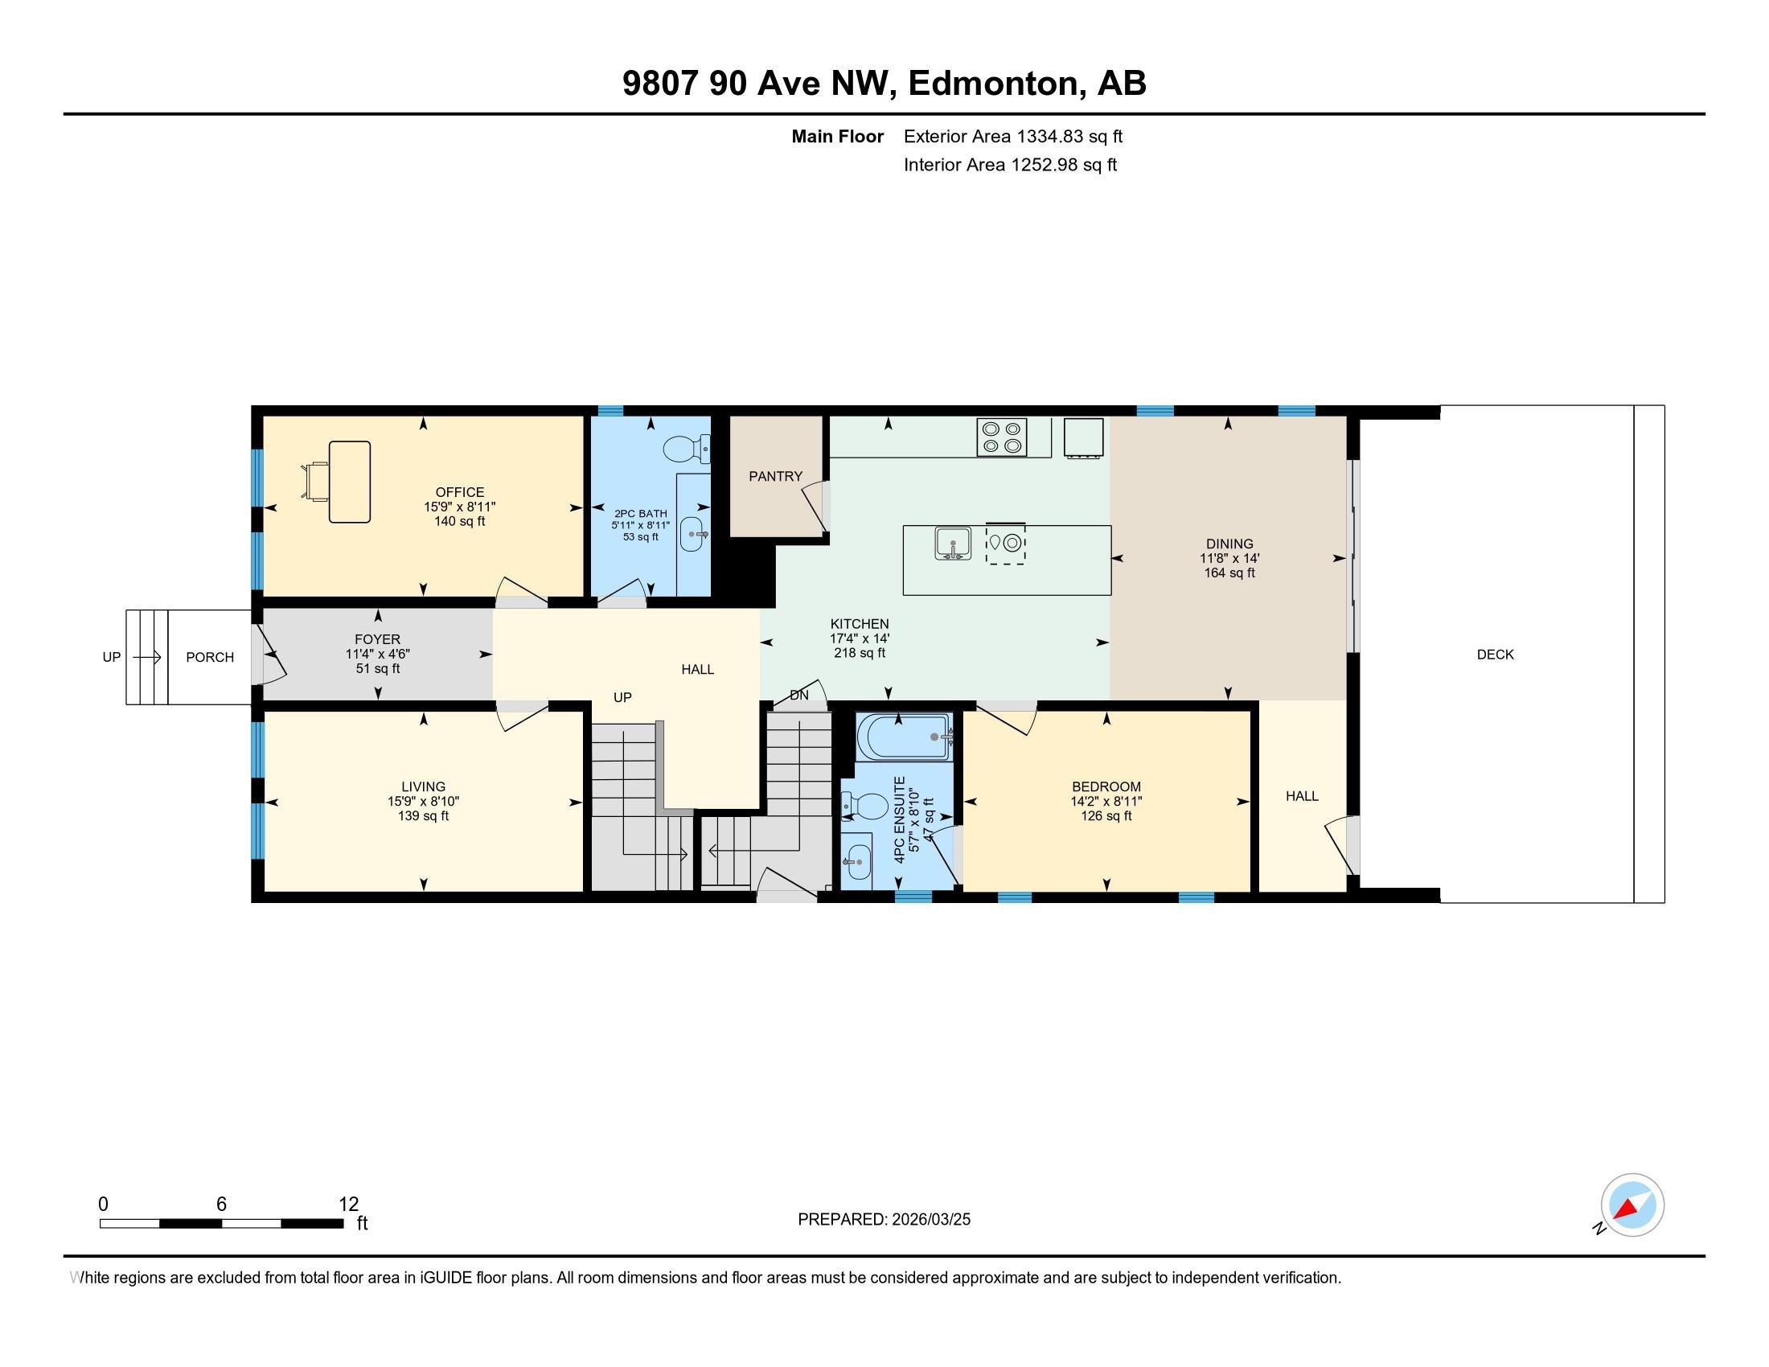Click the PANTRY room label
pos(775,476)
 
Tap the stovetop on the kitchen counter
pos(1002,437)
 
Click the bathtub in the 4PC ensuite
pos(906,737)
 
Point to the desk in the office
pos(350,482)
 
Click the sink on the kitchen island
pos(954,543)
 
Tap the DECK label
pos(1496,655)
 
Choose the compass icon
pos(1632,1205)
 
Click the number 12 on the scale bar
pos(348,1205)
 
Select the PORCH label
pos(210,657)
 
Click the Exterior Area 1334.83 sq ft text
pos(1013,136)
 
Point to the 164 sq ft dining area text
pos(1229,573)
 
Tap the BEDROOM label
pos(1106,786)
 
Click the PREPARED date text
pos(884,1219)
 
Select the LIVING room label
pos(424,786)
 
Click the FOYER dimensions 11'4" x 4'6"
pos(377,655)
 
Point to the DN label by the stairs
pos(798,695)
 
